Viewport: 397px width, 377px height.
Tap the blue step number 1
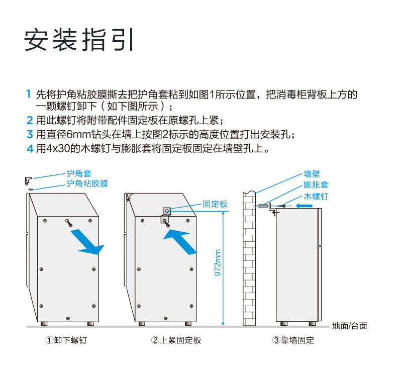pos(29,94)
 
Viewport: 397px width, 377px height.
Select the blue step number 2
pos(29,121)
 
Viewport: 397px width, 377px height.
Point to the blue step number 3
pos(29,135)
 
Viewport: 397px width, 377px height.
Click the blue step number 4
pos(29,149)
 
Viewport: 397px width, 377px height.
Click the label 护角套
pos(79,174)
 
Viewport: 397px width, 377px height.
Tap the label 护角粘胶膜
pos(87,184)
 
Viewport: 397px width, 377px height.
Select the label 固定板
pos(215,204)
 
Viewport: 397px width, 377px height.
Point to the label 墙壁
pos(312,174)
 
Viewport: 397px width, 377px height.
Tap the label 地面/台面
pos(350,326)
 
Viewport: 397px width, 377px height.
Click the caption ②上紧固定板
pos(176,340)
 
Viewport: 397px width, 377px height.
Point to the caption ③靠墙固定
pos(293,340)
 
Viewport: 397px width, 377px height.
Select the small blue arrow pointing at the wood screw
pos(306,206)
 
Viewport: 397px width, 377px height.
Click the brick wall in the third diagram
pos(250,261)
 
